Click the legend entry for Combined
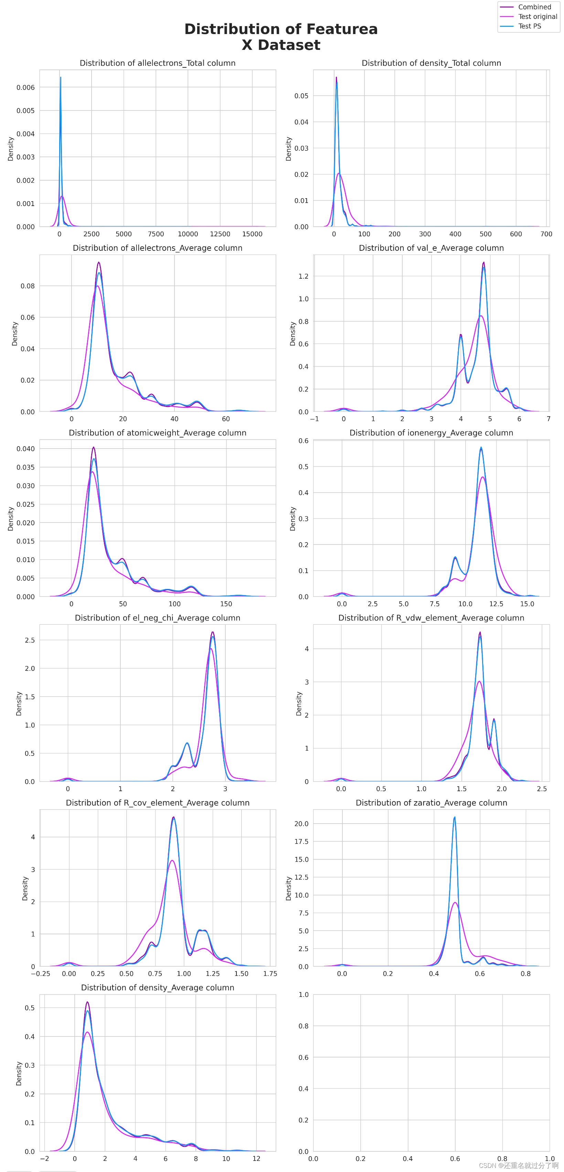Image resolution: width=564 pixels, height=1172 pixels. click(x=534, y=7)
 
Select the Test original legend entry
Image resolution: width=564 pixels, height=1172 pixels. click(x=537, y=17)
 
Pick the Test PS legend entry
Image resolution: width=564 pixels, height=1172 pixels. click(x=529, y=26)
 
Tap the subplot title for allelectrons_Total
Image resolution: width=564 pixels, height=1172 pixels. click(x=158, y=63)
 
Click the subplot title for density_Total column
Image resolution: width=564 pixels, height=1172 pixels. click(x=431, y=63)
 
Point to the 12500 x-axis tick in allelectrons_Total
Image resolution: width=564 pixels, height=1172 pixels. click(x=220, y=234)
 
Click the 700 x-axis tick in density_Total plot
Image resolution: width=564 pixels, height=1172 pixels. click(x=546, y=234)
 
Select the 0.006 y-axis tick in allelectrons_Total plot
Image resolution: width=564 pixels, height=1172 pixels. click(x=25, y=87)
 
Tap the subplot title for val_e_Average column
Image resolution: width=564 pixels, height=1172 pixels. click(x=431, y=248)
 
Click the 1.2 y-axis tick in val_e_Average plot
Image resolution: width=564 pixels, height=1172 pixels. click(x=303, y=276)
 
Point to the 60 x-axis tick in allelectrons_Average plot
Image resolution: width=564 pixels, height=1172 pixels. click(x=226, y=419)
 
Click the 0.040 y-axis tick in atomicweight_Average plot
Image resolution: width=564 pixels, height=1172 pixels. click(x=25, y=449)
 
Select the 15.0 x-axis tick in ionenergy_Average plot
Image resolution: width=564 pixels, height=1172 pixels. click(x=527, y=604)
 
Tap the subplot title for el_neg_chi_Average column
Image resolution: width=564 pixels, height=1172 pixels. click(x=158, y=618)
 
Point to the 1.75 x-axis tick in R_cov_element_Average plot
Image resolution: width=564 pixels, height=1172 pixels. click(x=270, y=974)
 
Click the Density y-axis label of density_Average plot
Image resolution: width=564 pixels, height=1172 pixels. click(x=19, y=1073)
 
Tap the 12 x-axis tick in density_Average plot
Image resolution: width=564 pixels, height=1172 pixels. click(x=256, y=1158)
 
